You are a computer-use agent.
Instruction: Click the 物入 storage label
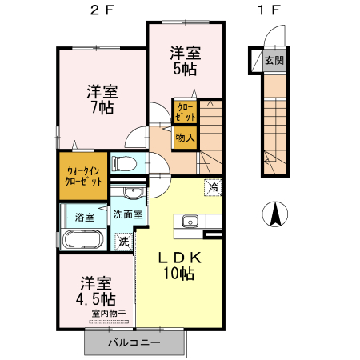185,138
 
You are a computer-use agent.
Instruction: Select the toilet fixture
124,164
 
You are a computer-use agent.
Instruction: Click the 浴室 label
84,217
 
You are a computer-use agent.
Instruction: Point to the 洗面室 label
127,214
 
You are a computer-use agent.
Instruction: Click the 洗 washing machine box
123,241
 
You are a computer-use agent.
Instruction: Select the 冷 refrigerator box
213,186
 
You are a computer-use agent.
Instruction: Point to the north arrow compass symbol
274,214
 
